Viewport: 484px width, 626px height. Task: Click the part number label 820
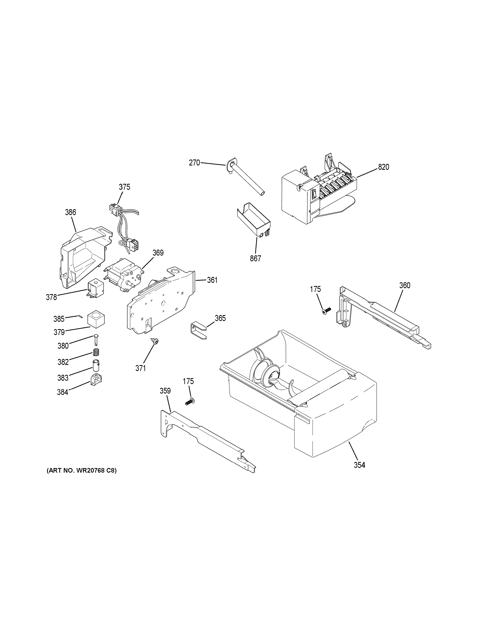(x=383, y=167)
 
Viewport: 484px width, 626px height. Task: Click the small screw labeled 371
(x=155, y=341)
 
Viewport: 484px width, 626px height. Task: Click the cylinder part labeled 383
(x=96, y=366)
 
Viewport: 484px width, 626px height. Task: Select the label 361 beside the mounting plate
(x=212, y=280)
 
